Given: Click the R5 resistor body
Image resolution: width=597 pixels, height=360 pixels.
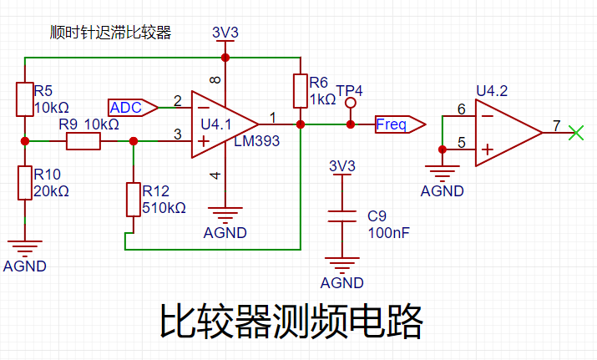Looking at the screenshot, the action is [25, 99].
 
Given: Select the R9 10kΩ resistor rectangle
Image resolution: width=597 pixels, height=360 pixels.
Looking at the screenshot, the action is [83, 141].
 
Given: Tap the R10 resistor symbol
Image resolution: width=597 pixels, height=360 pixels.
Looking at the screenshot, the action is [25, 183].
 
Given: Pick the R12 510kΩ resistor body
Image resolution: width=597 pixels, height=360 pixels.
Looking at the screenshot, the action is [134, 200].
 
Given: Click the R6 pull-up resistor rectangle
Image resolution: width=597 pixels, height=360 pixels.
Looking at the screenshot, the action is [301, 91].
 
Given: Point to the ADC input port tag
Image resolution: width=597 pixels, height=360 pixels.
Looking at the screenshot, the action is [133, 108].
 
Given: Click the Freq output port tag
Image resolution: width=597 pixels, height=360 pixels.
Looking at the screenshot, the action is [401, 124].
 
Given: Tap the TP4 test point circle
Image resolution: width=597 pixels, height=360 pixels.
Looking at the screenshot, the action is [351, 103].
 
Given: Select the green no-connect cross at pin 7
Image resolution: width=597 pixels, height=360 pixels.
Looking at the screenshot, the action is [576, 133].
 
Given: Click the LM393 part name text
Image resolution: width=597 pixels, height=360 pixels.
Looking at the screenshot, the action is [256, 141].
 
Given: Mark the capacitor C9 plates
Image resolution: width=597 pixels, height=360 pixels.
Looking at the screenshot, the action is [342, 216].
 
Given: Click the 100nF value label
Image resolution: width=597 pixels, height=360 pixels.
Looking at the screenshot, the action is [389, 233].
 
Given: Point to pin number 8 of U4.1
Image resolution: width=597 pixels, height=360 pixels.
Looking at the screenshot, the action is [215, 80].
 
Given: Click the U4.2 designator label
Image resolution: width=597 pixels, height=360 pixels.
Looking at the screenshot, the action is [492, 91].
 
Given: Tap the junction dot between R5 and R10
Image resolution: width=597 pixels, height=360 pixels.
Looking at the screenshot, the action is [25, 141].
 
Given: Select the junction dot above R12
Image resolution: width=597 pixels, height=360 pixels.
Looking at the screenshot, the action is [134, 141].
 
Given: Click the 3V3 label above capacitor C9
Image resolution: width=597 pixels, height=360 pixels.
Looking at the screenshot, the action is [342, 166].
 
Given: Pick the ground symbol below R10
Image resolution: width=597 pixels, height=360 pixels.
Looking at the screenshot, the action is [25, 247].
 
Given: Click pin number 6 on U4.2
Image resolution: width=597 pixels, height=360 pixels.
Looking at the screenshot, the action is [462, 109].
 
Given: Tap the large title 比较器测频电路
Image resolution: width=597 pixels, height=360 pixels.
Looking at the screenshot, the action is [291, 322].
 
